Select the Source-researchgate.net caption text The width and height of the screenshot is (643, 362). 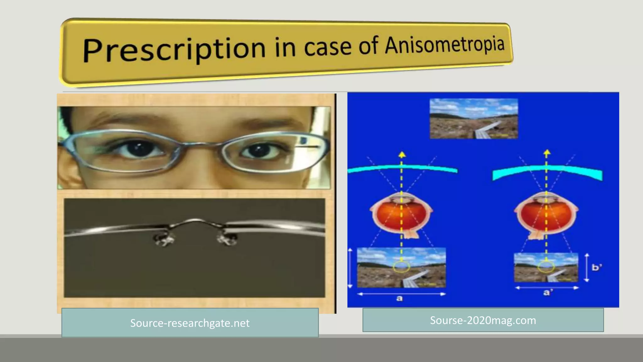[x=190, y=323]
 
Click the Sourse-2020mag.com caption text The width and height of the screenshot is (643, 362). [x=483, y=320]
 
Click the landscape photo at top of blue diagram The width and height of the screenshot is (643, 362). [x=473, y=118]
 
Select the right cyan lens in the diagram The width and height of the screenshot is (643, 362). [x=547, y=172]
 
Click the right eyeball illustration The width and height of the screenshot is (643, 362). [x=546, y=215]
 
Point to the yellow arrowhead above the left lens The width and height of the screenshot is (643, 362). [x=402, y=154]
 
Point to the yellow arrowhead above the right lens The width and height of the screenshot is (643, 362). [x=547, y=153]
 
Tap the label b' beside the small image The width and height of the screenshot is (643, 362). [x=597, y=267]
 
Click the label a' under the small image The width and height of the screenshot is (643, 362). [x=548, y=293]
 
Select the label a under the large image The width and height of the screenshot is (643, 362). [x=399, y=298]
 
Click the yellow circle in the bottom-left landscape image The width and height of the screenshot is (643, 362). [x=401, y=267]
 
